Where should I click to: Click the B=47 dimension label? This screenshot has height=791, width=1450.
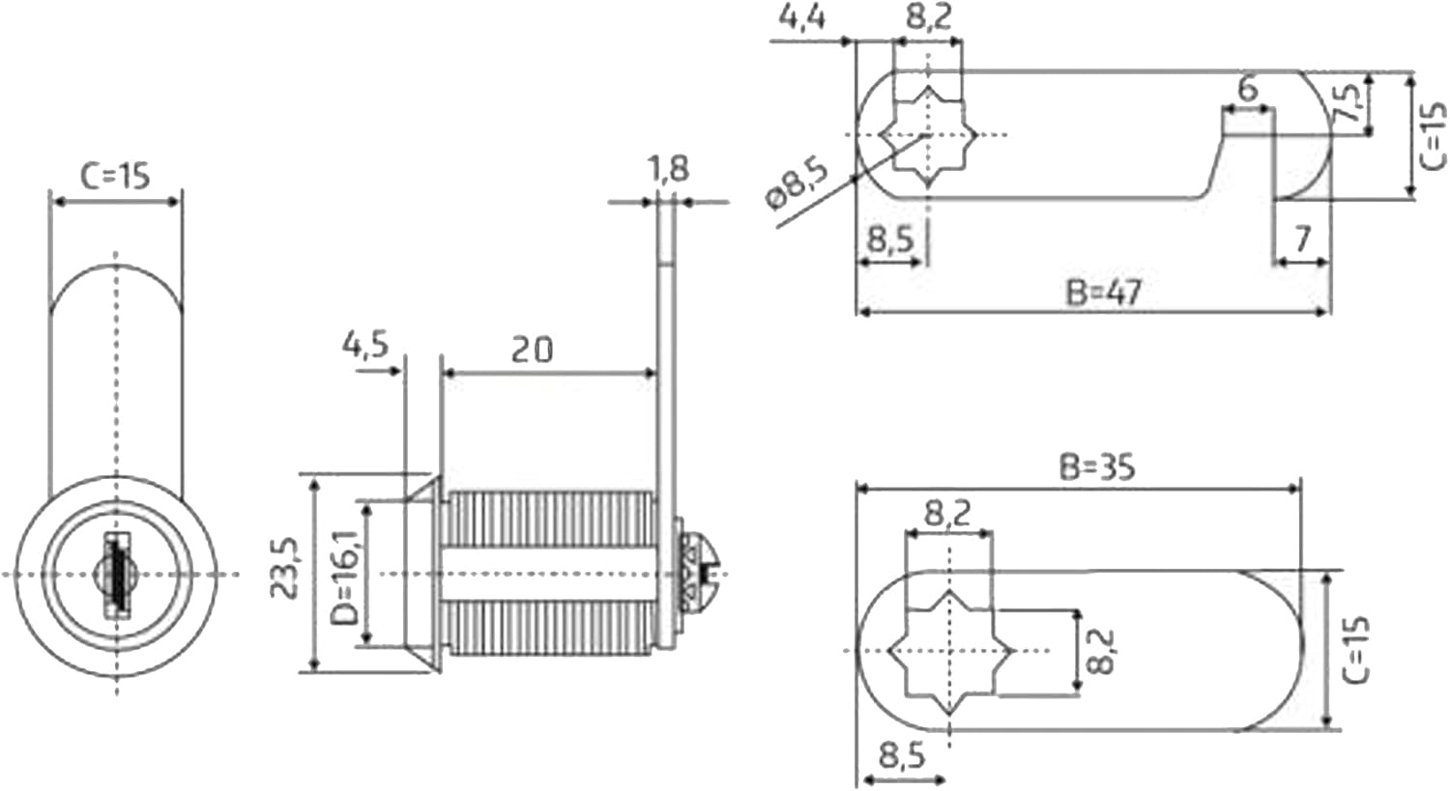pyautogui.click(x=1102, y=291)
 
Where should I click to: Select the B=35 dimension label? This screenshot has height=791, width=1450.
pyautogui.click(x=1096, y=466)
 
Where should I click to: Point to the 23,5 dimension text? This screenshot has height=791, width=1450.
pyautogui.click(x=286, y=569)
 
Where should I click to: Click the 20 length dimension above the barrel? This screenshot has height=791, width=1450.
pyautogui.click(x=532, y=349)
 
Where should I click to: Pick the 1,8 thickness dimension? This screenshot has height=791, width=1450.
pyautogui.click(x=667, y=169)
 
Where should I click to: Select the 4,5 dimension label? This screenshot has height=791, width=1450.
pyautogui.click(x=364, y=344)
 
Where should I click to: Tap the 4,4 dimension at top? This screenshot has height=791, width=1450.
pyautogui.click(x=801, y=17)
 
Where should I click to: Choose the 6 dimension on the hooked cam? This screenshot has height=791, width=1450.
pyautogui.click(x=1247, y=89)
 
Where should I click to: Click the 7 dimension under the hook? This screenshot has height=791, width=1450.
pyautogui.click(x=1301, y=238)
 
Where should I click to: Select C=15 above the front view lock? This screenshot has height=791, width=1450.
pyautogui.click(x=115, y=176)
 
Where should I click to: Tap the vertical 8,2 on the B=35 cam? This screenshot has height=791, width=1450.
pyautogui.click(x=1101, y=651)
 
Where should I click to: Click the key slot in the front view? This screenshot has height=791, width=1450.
pyautogui.click(x=116, y=575)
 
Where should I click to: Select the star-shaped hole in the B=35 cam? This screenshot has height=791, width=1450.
pyautogui.click(x=949, y=649)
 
